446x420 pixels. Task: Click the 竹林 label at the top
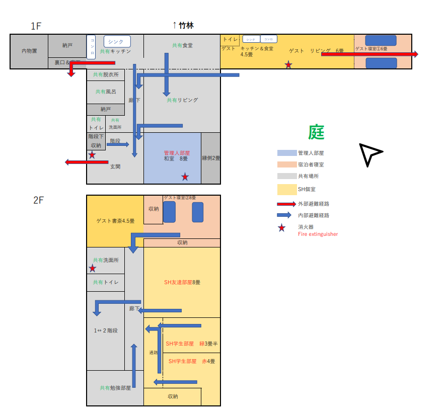click(186, 25)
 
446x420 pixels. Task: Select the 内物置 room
click(29, 51)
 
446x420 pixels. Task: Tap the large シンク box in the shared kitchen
click(117, 42)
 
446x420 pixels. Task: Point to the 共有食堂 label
click(182, 45)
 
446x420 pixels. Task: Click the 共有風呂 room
click(106, 92)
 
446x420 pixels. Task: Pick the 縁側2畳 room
click(211, 158)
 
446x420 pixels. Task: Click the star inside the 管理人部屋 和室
click(185, 177)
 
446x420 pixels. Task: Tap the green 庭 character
click(317, 132)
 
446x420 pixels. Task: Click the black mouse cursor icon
click(370, 153)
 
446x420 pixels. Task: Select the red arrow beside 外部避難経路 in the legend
click(286, 204)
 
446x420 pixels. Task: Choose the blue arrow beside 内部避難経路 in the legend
click(286, 215)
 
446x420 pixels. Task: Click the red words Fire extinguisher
click(318, 234)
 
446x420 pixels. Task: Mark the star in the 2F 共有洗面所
click(93, 269)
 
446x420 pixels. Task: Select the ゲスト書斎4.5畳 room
click(115, 221)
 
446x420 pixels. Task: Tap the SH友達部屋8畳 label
click(182, 282)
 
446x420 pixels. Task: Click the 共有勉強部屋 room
click(115, 388)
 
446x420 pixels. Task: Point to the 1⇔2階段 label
click(106, 330)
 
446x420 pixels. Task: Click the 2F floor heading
click(39, 200)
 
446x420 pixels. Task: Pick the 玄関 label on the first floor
click(115, 166)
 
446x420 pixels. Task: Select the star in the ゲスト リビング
click(288, 64)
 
